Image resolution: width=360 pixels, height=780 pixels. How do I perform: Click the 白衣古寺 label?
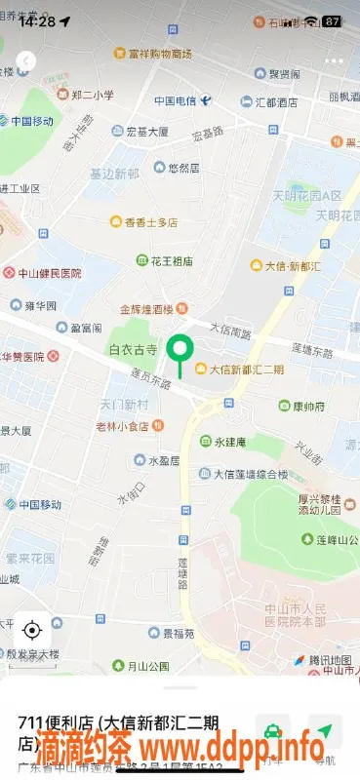135,349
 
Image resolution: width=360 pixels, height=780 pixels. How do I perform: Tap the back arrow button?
25,61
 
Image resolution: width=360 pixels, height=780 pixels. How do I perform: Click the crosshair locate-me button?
31,630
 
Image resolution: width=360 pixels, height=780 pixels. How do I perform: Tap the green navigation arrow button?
325,730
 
